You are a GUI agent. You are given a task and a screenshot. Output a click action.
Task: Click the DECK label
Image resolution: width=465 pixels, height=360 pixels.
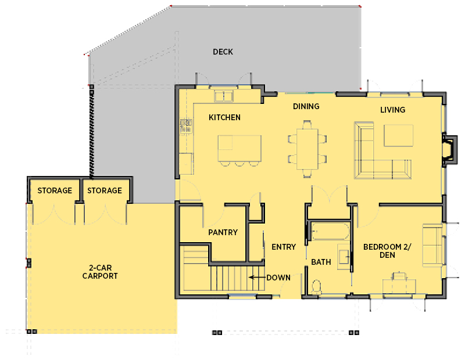coord(223,52)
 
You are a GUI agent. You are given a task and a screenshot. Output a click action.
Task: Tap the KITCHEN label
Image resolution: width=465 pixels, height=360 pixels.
coord(224,117)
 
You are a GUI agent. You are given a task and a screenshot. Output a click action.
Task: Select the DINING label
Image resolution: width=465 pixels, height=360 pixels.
coord(306,106)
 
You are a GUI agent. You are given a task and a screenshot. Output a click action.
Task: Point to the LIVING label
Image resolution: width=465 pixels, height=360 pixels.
coord(392,110)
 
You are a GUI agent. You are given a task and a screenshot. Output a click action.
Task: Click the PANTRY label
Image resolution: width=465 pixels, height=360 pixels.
coord(223,232)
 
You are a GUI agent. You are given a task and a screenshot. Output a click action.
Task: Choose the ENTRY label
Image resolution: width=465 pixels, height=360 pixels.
coord(284,247)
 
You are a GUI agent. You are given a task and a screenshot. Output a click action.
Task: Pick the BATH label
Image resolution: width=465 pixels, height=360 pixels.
coord(320,262)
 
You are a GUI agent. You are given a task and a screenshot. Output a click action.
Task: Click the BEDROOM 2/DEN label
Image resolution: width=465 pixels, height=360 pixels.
coord(387,251)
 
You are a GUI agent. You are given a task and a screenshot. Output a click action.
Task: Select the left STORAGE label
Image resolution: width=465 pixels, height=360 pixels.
coord(55,190)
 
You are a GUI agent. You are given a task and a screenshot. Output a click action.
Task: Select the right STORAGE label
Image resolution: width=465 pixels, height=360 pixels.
coord(105,190)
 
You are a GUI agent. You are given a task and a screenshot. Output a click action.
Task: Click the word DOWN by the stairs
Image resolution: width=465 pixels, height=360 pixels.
coord(278,278)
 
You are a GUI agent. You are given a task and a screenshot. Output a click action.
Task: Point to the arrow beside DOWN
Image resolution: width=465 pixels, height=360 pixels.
coord(256,278)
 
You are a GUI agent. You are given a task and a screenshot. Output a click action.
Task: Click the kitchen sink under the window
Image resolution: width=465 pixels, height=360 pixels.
coord(223,95)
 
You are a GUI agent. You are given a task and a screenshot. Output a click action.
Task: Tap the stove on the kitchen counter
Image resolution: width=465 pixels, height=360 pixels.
coord(186,125)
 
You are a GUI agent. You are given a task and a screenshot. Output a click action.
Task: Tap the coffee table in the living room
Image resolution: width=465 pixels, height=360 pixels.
coord(398,136)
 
